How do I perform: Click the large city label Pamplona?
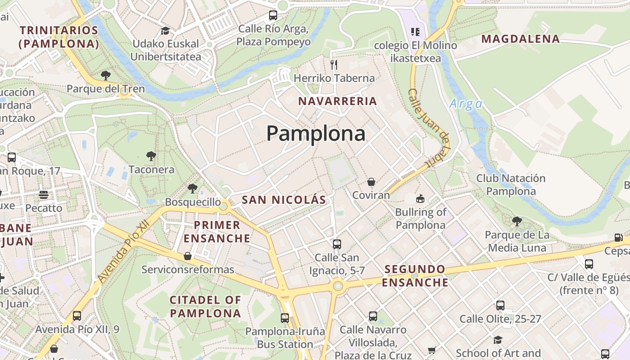click(x=316, y=134)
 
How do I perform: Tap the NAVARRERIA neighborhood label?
click(x=337, y=101)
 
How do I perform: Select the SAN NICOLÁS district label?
click(x=284, y=200)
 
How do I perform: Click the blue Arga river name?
click(x=466, y=104)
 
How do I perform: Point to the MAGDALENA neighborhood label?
click(x=521, y=39)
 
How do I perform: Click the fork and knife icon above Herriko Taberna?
click(x=334, y=65)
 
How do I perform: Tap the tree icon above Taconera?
click(x=151, y=156)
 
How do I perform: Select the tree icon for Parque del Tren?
click(x=106, y=75)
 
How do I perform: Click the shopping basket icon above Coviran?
click(x=371, y=182)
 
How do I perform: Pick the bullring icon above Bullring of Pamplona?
click(x=420, y=198)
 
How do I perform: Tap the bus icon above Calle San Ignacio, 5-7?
click(x=337, y=244)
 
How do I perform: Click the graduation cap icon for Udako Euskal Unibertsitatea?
click(x=165, y=31)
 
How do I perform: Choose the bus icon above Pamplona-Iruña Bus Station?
click(x=285, y=318)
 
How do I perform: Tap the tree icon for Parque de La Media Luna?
click(x=517, y=221)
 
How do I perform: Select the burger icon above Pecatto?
click(x=44, y=195)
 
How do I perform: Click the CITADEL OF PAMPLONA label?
click(x=206, y=306)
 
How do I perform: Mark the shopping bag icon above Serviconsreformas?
click(x=188, y=256)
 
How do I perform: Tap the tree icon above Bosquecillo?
click(x=193, y=188)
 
